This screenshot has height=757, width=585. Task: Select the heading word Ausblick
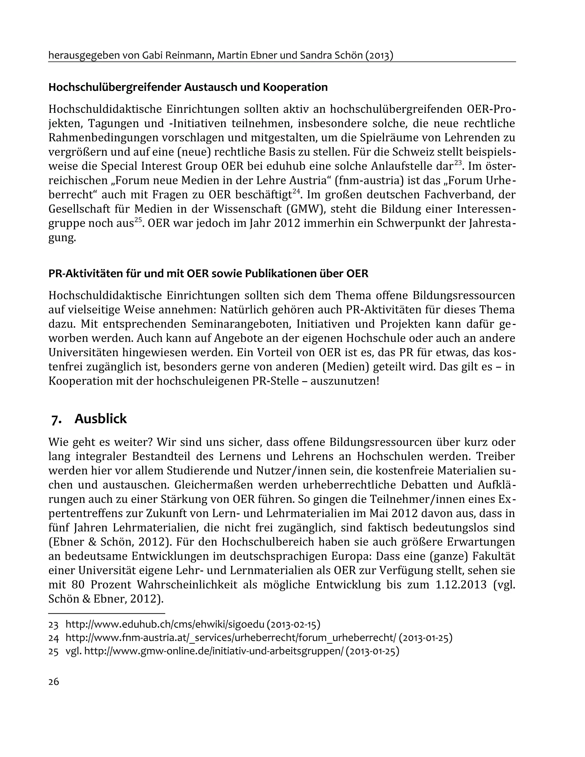[x=101, y=419]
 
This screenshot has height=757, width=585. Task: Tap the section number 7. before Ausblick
[x=57, y=419]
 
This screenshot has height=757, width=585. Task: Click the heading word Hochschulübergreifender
[x=115, y=87]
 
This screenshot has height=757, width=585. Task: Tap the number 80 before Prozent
[x=78, y=585]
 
